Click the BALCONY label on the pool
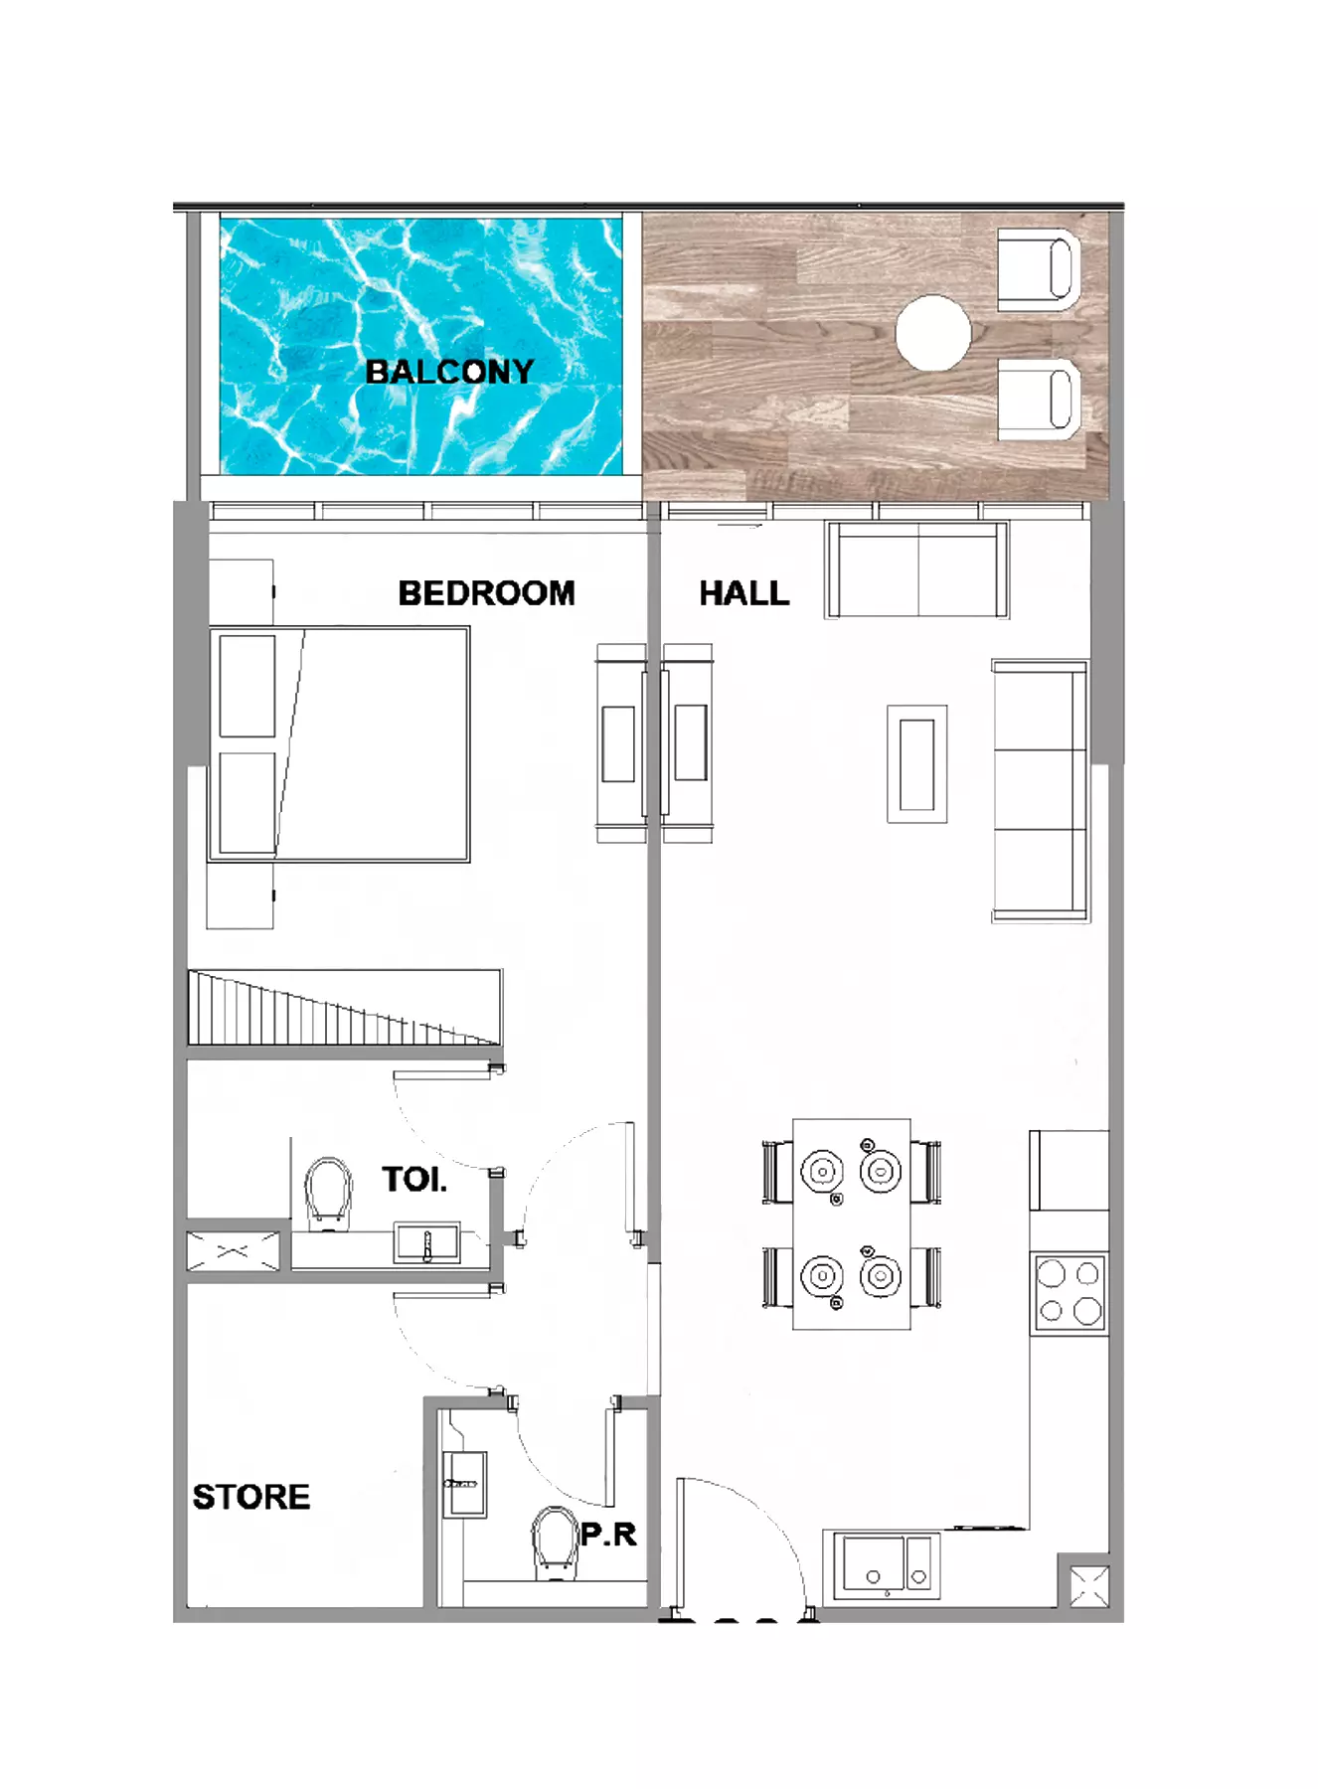(x=449, y=372)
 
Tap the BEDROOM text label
(x=486, y=593)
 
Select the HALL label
(x=743, y=593)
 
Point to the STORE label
(x=250, y=1497)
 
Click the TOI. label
(x=414, y=1180)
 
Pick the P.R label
(x=608, y=1535)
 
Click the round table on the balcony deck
(x=932, y=333)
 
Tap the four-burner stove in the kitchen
(x=1070, y=1293)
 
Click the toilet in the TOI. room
(x=329, y=1194)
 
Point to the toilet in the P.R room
(x=555, y=1544)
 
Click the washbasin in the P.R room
(x=464, y=1484)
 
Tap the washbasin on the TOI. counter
(x=427, y=1243)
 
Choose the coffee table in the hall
(x=916, y=764)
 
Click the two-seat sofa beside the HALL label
(x=916, y=569)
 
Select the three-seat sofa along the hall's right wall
(x=1040, y=791)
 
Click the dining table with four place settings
(x=852, y=1223)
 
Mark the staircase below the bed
(x=345, y=1007)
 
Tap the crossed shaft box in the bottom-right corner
(x=1089, y=1585)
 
